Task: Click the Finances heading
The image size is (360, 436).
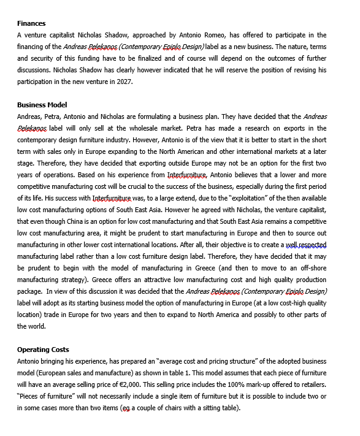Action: pos(32,23)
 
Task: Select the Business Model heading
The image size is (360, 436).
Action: pos(42,105)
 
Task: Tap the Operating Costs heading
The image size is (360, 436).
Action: pos(43,350)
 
